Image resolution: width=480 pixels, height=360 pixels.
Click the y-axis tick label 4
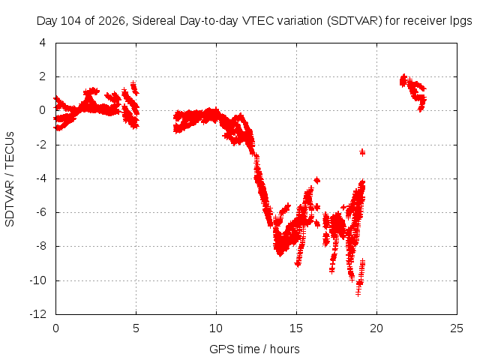tap(43, 43)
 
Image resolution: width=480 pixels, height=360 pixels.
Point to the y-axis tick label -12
tap(38, 314)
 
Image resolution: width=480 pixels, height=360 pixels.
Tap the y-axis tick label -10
tap(38, 280)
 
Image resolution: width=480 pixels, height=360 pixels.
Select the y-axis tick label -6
tap(40, 212)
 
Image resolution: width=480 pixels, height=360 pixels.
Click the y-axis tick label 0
tap(43, 110)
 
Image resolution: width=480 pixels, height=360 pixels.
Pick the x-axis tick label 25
tap(457, 328)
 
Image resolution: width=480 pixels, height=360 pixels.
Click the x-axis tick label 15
tap(296, 328)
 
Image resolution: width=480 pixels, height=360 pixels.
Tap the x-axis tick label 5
tap(136, 328)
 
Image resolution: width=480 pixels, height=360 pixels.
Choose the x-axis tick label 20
tap(376, 328)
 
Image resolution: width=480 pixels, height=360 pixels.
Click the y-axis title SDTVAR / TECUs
tap(10, 179)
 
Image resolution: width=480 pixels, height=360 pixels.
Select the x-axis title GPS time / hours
tap(254, 349)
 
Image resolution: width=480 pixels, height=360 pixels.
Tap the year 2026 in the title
tap(112, 21)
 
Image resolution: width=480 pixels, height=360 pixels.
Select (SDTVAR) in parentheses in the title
tap(355, 21)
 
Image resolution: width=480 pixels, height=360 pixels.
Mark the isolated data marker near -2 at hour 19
tap(362, 152)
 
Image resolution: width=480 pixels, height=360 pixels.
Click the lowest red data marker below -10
tap(358, 293)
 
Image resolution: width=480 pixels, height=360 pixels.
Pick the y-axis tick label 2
tap(43, 76)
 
